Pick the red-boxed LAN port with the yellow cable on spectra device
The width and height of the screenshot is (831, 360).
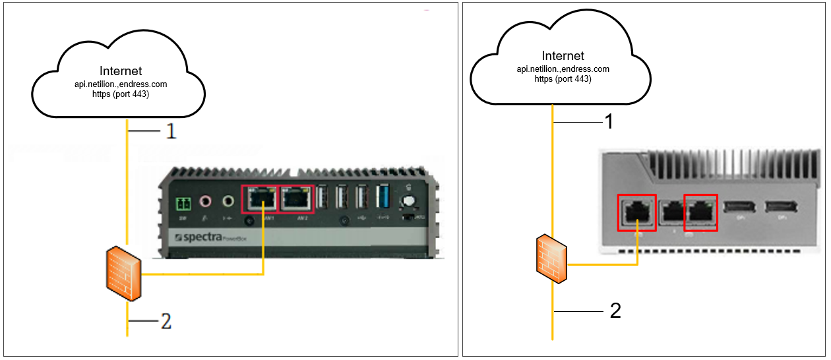[x=261, y=198]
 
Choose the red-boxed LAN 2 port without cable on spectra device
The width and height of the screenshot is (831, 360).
[x=298, y=198]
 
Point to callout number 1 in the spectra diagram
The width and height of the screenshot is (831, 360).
[x=171, y=131]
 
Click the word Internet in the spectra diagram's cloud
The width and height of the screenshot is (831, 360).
[x=121, y=71]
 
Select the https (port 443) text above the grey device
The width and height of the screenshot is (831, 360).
[x=563, y=79]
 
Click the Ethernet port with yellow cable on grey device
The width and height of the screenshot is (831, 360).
[x=636, y=212]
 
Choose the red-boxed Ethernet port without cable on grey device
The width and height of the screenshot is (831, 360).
[x=700, y=212]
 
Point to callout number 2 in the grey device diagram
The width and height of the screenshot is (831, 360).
[x=615, y=310]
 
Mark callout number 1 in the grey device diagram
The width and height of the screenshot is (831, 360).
[x=609, y=121]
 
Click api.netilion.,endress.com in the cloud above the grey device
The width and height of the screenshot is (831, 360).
[x=563, y=69]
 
